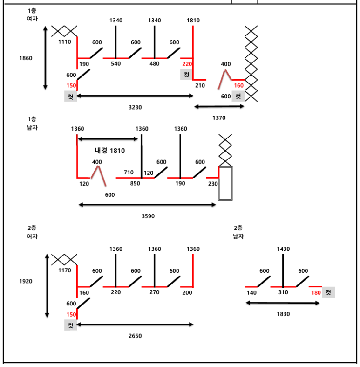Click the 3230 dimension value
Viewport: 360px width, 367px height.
(135, 107)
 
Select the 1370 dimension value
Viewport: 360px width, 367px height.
(218, 118)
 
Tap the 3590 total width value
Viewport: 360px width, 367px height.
(148, 216)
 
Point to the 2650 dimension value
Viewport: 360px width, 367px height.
(135, 336)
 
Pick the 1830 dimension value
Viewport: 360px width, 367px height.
(283, 314)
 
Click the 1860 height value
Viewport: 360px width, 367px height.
(26, 58)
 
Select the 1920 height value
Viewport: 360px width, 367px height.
(26, 282)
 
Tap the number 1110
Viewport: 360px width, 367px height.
(65, 42)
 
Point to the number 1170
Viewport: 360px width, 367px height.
(65, 270)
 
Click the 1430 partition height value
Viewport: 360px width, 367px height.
(283, 249)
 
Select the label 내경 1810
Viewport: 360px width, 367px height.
(110, 151)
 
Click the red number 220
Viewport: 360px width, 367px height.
(187, 64)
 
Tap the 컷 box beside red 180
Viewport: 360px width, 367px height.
(328, 292)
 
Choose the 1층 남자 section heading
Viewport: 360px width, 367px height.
(32, 123)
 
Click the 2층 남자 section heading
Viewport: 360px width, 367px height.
(238, 232)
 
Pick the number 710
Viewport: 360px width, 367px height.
(129, 173)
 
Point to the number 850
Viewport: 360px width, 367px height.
(135, 184)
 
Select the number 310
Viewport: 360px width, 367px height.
(283, 292)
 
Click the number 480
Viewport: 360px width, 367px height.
(155, 64)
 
